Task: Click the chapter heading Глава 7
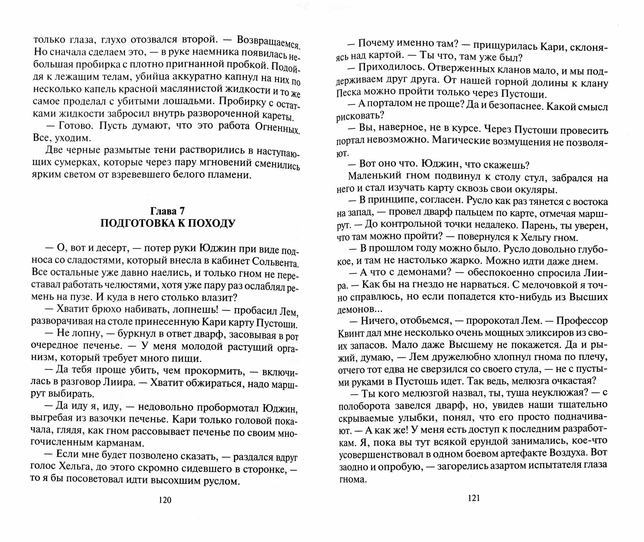[167, 211]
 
